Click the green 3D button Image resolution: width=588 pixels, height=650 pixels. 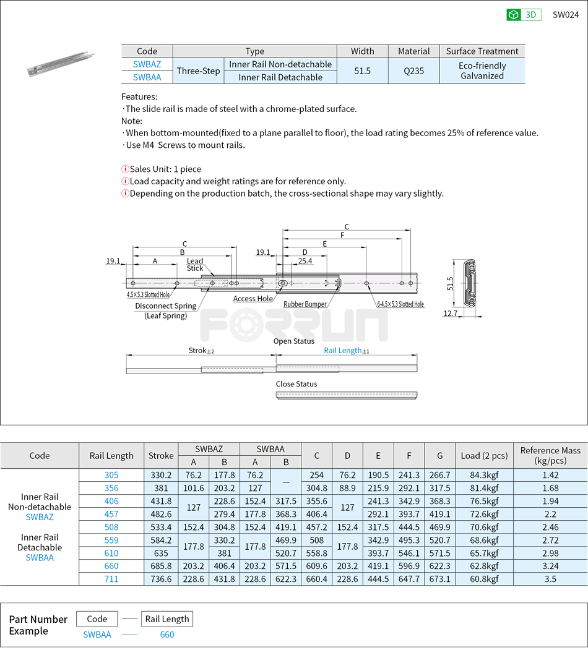click(x=524, y=15)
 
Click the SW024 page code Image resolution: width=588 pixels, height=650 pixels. click(x=565, y=15)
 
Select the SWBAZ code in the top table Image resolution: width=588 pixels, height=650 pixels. click(x=147, y=64)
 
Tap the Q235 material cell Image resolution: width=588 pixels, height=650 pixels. click(x=413, y=71)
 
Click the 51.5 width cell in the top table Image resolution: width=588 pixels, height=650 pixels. click(x=362, y=71)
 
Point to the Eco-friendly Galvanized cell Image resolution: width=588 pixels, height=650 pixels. click(x=482, y=71)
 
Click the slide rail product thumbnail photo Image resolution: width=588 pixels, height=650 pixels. click(x=60, y=64)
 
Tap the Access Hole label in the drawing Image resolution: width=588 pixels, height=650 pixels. click(x=253, y=299)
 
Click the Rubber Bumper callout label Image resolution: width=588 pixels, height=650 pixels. click(x=305, y=304)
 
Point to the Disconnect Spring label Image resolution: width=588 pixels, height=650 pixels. click(x=165, y=306)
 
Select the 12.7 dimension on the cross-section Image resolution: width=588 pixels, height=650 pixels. click(x=451, y=314)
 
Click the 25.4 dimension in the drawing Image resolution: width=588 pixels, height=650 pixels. click(x=305, y=262)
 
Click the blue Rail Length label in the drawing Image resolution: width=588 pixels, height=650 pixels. click(x=343, y=350)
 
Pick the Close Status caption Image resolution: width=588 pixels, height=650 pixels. click(x=296, y=384)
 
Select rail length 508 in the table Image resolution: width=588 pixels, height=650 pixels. click(x=111, y=528)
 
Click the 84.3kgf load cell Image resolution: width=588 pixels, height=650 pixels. click(x=484, y=476)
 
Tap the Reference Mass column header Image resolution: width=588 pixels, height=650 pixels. click(x=550, y=455)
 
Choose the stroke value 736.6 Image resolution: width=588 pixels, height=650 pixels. click(x=161, y=579)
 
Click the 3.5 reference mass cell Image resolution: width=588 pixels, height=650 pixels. click(x=550, y=579)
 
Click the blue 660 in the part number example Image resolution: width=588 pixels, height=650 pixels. click(x=166, y=635)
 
